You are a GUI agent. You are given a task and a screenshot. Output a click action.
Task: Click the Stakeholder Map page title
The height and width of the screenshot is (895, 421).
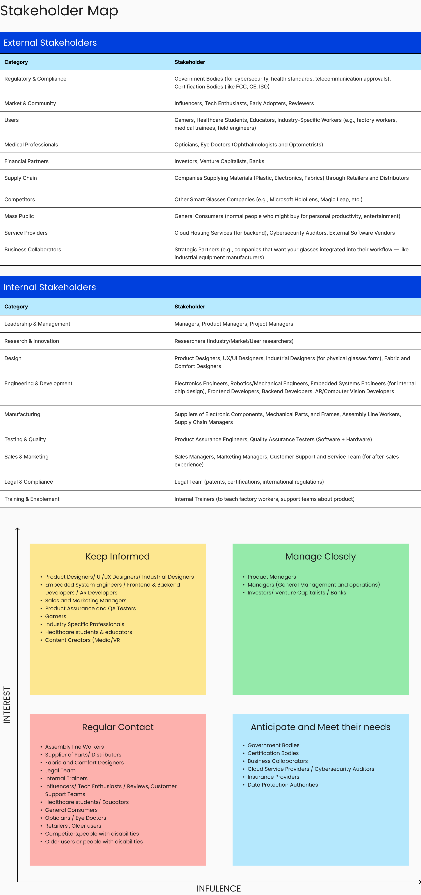click(x=59, y=10)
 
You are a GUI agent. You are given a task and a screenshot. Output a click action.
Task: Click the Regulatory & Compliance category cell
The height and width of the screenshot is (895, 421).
click(x=35, y=79)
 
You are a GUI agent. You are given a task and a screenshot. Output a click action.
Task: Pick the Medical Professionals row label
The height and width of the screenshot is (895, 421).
click(x=31, y=144)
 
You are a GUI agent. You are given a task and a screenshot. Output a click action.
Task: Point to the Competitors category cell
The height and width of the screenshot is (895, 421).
click(x=20, y=199)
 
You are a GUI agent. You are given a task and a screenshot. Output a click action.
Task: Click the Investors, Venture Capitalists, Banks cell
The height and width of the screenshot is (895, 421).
click(x=219, y=161)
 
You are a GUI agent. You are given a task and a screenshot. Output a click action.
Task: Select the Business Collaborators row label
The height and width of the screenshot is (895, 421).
click(x=33, y=249)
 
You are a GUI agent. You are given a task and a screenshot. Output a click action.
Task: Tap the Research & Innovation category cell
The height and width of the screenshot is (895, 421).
click(x=32, y=341)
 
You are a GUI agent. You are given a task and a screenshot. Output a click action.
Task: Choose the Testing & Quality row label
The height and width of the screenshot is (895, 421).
click(x=25, y=439)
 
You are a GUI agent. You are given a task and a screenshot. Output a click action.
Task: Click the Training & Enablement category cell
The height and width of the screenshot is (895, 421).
click(x=32, y=499)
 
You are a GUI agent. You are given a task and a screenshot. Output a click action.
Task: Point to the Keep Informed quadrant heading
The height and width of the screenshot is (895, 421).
click(x=118, y=556)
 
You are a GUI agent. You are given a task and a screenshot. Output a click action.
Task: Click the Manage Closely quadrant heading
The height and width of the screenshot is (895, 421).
click(x=320, y=556)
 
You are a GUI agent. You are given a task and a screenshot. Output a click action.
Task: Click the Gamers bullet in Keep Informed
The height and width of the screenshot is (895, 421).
click(x=55, y=616)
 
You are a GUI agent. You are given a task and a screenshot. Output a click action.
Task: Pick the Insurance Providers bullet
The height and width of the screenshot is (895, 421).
click(x=273, y=777)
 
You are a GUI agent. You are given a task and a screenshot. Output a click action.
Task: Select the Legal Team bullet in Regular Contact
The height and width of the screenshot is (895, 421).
click(x=60, y=770)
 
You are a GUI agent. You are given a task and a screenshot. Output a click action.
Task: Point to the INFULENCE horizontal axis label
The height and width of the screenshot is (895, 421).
click(x=219, y=888)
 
